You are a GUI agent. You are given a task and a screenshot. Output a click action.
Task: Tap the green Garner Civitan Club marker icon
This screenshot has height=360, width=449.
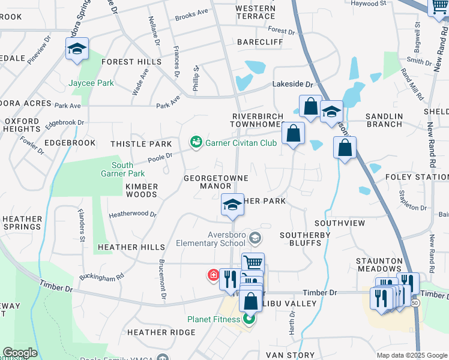196,142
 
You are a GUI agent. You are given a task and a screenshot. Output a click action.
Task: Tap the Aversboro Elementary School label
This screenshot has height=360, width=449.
211,239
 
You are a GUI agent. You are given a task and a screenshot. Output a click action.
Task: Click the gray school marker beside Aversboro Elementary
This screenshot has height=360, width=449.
255,239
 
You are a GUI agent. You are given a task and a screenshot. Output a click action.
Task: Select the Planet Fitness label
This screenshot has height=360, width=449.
214,319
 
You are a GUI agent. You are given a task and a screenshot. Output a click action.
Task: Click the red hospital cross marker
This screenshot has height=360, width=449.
213,275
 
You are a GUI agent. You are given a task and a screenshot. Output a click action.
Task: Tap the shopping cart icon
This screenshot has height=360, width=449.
253,262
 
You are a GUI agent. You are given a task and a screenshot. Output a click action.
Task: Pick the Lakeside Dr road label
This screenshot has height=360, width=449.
294,85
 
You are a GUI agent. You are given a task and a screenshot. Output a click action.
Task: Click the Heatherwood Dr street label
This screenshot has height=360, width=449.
133,214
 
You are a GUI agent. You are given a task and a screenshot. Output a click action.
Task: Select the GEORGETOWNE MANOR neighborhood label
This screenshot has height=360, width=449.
208,182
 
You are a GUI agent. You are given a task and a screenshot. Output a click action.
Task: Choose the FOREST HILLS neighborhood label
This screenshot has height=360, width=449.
131,62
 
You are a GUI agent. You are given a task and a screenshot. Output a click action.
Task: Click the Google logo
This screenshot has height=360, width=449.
20,353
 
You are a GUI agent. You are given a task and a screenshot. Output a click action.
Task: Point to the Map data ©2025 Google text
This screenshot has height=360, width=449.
411,355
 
